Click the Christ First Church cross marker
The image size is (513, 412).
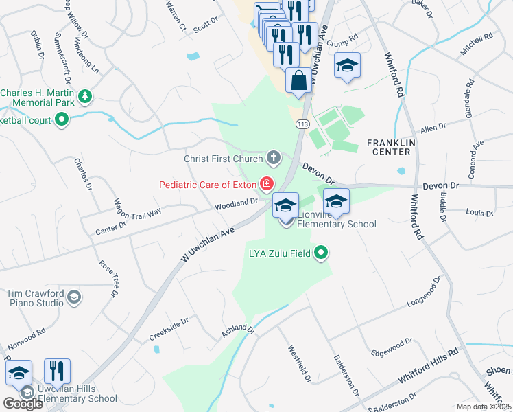coord(273,159)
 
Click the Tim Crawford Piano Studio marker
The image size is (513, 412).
coord(75,297)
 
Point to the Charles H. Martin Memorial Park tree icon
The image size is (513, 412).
coord(84,97)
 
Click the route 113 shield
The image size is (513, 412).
coord(302,124)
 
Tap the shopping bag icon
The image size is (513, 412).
coord(298,80)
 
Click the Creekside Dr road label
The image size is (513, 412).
coord(168,330)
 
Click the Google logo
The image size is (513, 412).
coord(23,403)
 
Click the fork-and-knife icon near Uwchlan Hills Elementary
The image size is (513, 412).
coord(58,371)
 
